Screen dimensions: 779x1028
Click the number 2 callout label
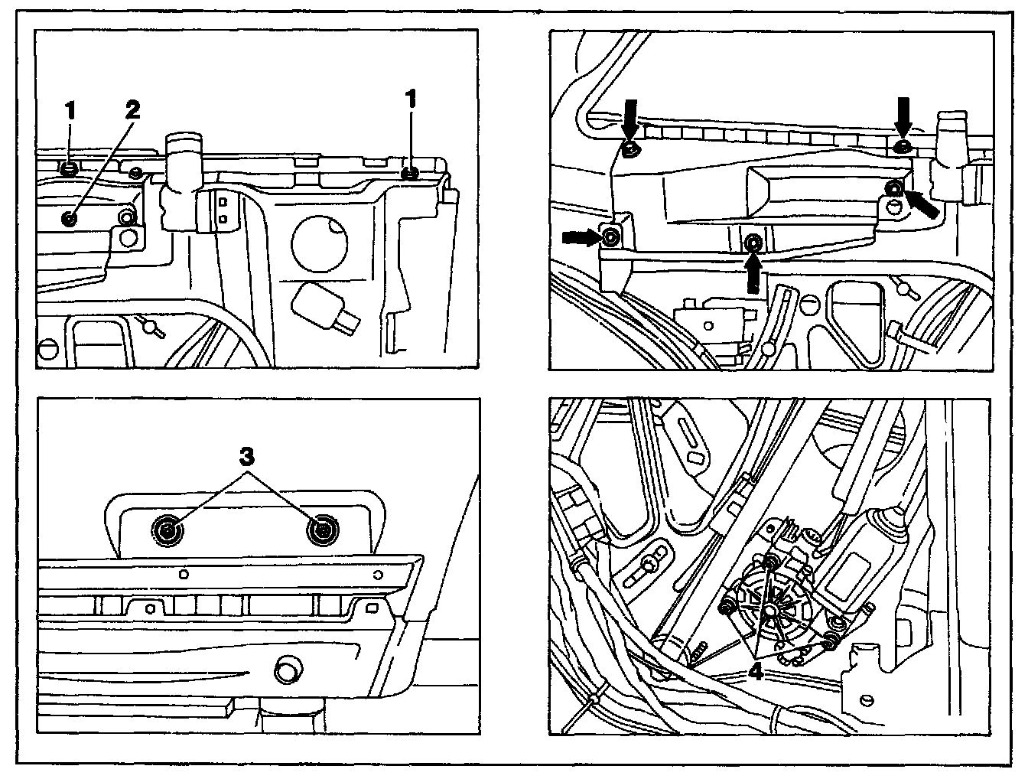132,109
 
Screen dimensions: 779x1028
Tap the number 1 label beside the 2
70,110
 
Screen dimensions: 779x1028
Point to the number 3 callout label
246,458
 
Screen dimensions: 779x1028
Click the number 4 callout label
756,673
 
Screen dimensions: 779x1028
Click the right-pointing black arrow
580,238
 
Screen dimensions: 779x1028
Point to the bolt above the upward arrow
753,243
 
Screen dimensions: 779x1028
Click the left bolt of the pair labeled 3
168,530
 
